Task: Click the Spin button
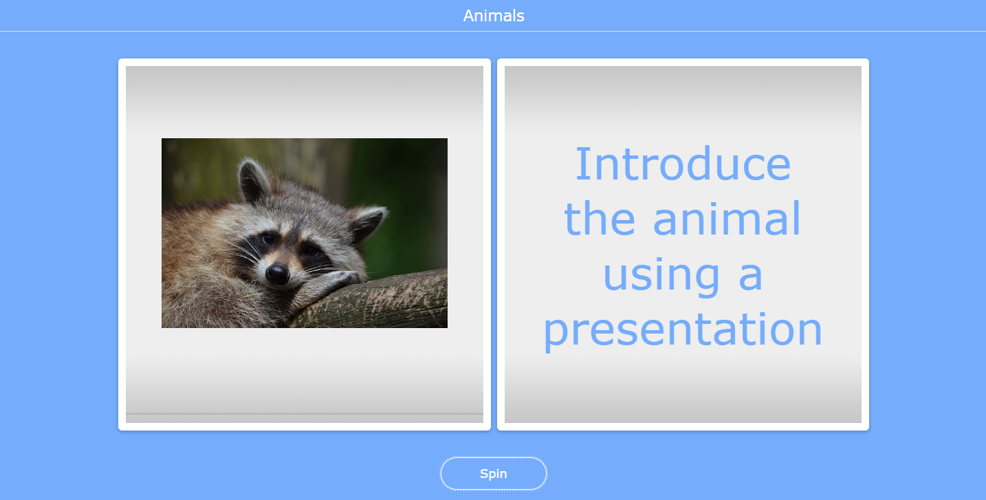494,474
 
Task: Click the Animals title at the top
494,16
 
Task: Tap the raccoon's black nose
277,274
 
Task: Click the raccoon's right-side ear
367,221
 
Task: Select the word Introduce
683,164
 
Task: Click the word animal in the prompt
727,219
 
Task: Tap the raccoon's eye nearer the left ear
267,239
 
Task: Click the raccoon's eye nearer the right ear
311,251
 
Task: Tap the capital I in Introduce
582,164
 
